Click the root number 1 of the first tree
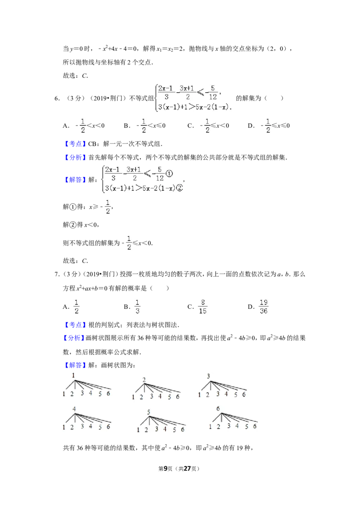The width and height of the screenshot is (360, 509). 73,375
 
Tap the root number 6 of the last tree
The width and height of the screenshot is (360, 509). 218,408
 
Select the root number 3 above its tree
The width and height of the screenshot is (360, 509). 208,376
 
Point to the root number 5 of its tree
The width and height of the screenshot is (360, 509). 148,412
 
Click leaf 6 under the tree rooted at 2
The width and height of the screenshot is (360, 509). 178,397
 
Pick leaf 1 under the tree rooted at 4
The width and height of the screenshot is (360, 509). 64,427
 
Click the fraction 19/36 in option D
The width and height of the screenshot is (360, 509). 264,307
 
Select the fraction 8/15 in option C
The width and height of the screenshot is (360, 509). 203,307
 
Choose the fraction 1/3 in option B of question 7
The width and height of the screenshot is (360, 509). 137,307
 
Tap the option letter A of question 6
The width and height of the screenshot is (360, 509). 66,126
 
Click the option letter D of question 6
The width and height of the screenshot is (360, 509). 251,126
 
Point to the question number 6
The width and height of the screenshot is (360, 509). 57,98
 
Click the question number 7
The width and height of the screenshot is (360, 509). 57,274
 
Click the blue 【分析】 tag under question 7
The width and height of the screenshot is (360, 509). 74,338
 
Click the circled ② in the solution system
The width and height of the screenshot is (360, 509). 180,188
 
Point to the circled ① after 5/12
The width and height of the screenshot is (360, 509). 169,174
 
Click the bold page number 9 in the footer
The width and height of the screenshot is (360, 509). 166,469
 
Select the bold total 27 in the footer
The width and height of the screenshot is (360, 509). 187,469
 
